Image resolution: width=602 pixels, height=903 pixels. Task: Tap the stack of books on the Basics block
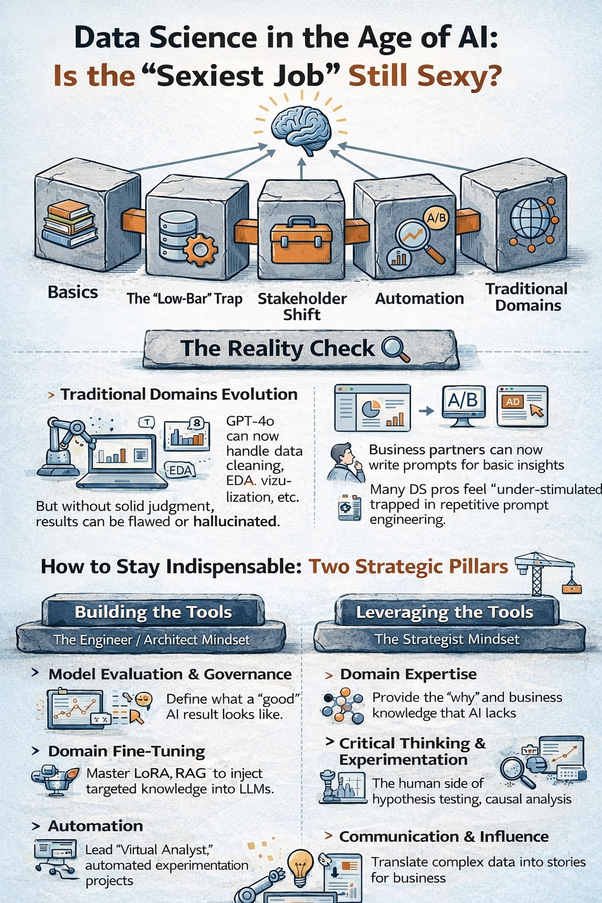coord(69,223)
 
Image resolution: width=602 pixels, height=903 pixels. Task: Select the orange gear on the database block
coord(200,250)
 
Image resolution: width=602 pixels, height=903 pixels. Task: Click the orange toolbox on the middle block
coord(301,240)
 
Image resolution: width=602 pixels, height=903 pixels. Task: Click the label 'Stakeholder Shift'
coord(302,306)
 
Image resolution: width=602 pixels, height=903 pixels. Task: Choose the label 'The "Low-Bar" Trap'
coord(185,299)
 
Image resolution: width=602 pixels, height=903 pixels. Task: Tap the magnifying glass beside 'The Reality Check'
coord(395,349)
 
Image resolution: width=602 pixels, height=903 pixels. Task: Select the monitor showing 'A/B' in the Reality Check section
coord(463,404)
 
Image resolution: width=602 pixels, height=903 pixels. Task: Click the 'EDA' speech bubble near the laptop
coord(180,470)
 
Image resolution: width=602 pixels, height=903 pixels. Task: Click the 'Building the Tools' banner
coord(153,612)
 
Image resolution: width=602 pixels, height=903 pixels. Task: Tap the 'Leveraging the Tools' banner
coord(444,612)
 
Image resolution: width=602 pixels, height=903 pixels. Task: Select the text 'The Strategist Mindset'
coord(447,639)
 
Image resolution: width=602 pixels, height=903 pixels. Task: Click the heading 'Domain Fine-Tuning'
coord(126,751)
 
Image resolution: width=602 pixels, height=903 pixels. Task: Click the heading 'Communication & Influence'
coord(444,837)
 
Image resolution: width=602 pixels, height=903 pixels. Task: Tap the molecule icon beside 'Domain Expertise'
coord(343,705)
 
